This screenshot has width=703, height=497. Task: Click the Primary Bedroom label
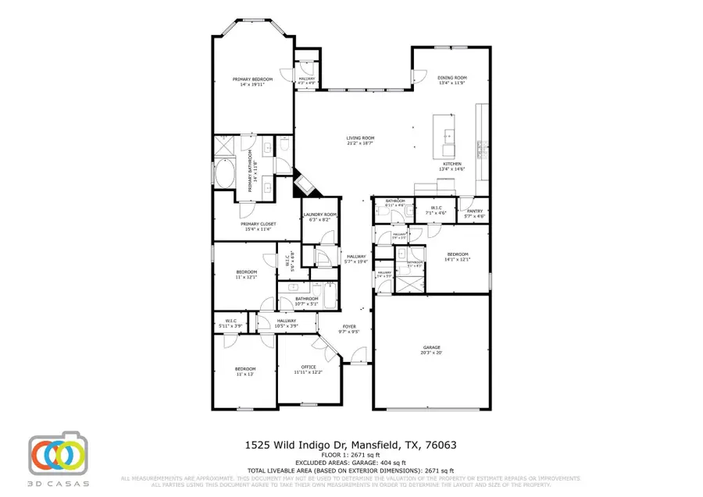pyautogui.click(x=252, y=80)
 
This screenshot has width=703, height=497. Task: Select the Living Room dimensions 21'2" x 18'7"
pyautogui.click(x=360, y=144)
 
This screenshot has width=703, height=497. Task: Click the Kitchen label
pyautogui.click(x=451, y=164)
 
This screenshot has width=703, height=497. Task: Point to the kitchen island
pyautogui.click(x=448, y=137)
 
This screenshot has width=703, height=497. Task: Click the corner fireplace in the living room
pyautogui.click(x=304, y=186)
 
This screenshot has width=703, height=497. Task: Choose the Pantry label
pyautogui.click(x=474, y=211)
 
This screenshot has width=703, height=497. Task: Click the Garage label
pyautogui.click(x=432, y=347)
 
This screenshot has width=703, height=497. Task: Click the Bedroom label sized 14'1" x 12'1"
pyautogui.click(x=457, y=254)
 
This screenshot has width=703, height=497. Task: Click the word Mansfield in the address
pyautogui.click(x=378, y=445)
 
